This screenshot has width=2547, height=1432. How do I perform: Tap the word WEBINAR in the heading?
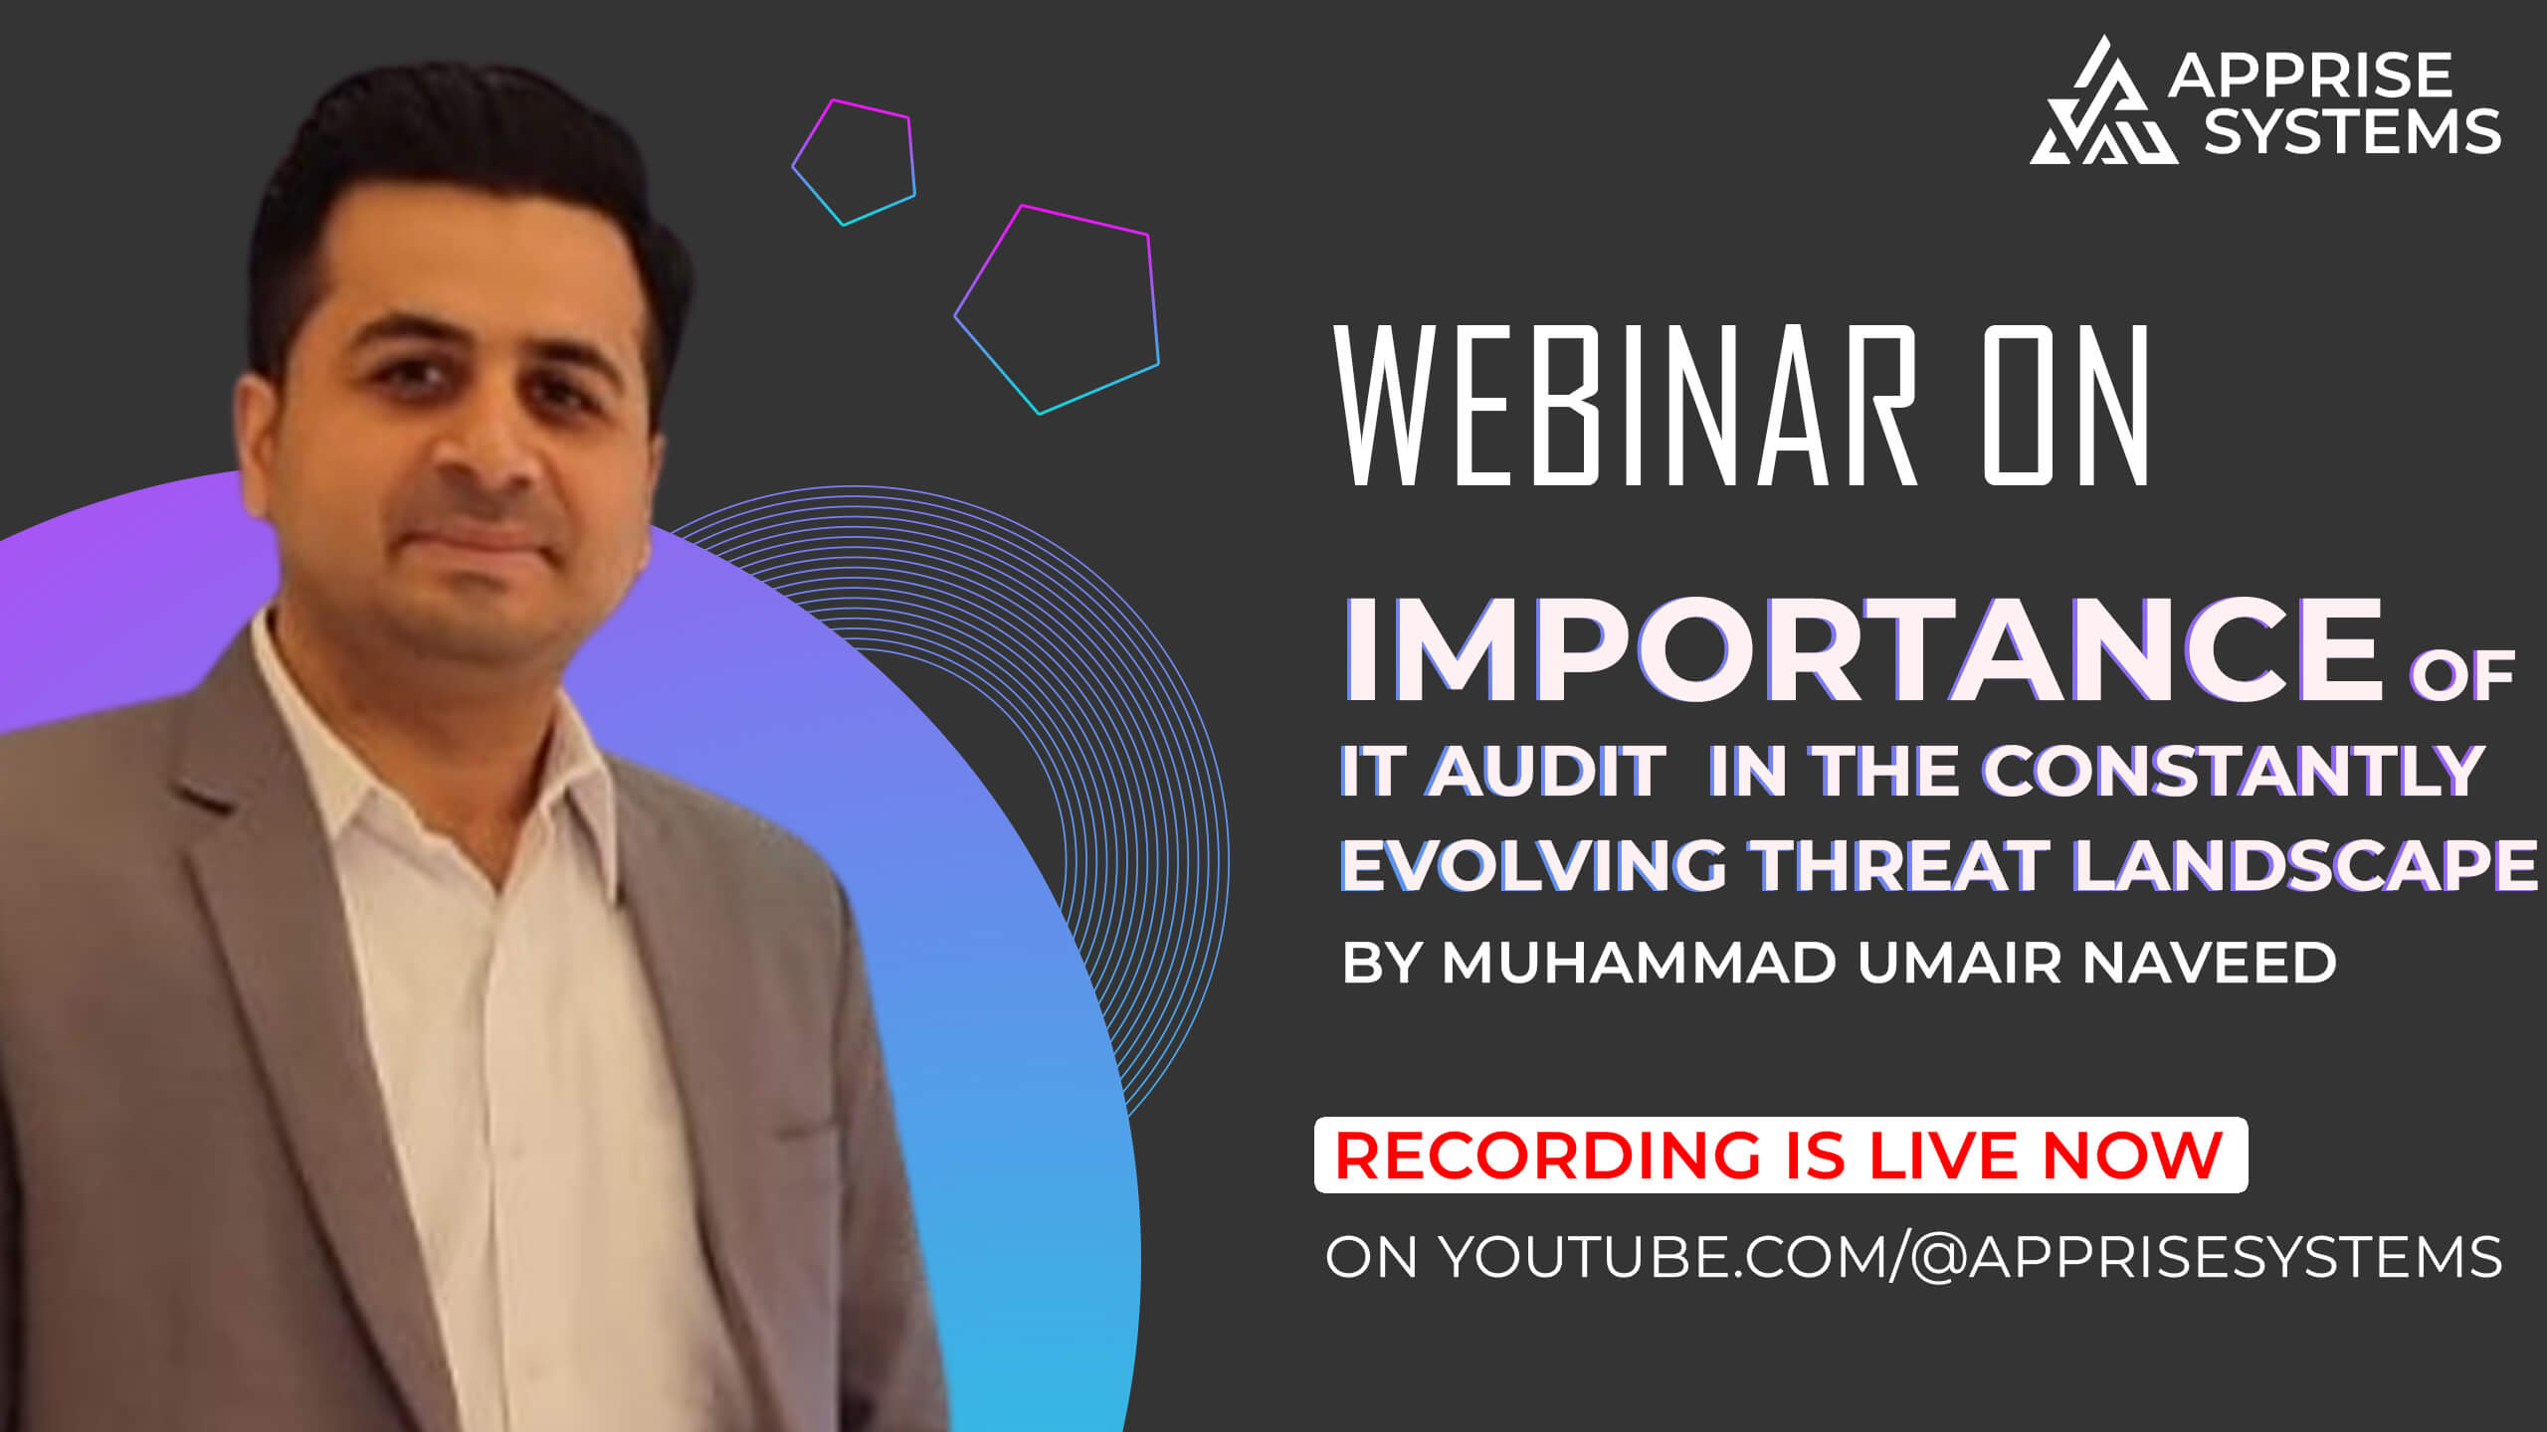tap(1626, 406)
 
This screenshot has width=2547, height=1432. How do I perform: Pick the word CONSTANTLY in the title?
tap(2235, 771)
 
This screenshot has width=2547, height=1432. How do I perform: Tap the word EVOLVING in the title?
tap(1533, 864)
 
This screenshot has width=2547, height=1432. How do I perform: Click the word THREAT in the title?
tap(1901, 864)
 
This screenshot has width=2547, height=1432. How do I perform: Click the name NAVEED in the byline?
tap(2209, 963)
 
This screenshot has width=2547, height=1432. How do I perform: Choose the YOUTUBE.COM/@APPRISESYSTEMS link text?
tap(1971, 1257)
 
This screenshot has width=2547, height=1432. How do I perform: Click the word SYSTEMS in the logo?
tap(2352, 132)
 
